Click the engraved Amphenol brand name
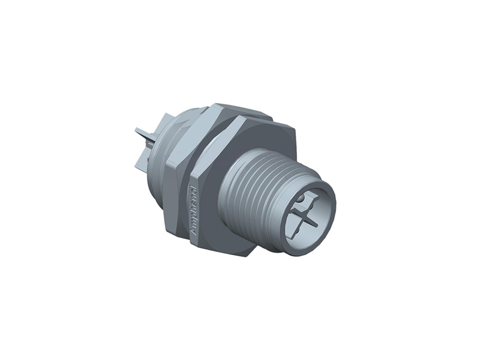click(x=194, y=210)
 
